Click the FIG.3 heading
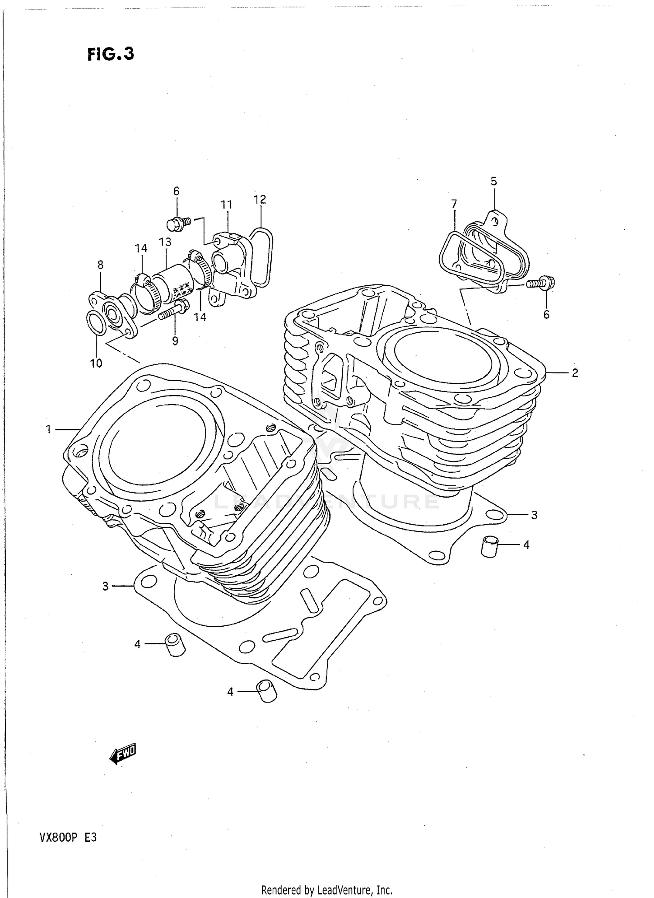tap(111, 54)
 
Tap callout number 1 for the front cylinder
tap(49, 430)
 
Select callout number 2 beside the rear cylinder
tap(575, 373)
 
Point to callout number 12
tap(260, 199)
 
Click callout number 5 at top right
tap(494, 181)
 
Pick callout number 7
tap(454, 204)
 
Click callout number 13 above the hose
tap(165, 242)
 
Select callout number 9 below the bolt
tap(175, 341)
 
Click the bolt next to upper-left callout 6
tap(178, 224)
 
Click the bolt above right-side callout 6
tap(541, 283)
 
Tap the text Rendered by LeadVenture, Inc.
tap(327, 890)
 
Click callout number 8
tap(100, 264)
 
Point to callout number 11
tap(226, 205)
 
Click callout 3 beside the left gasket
tap(105, 586)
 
